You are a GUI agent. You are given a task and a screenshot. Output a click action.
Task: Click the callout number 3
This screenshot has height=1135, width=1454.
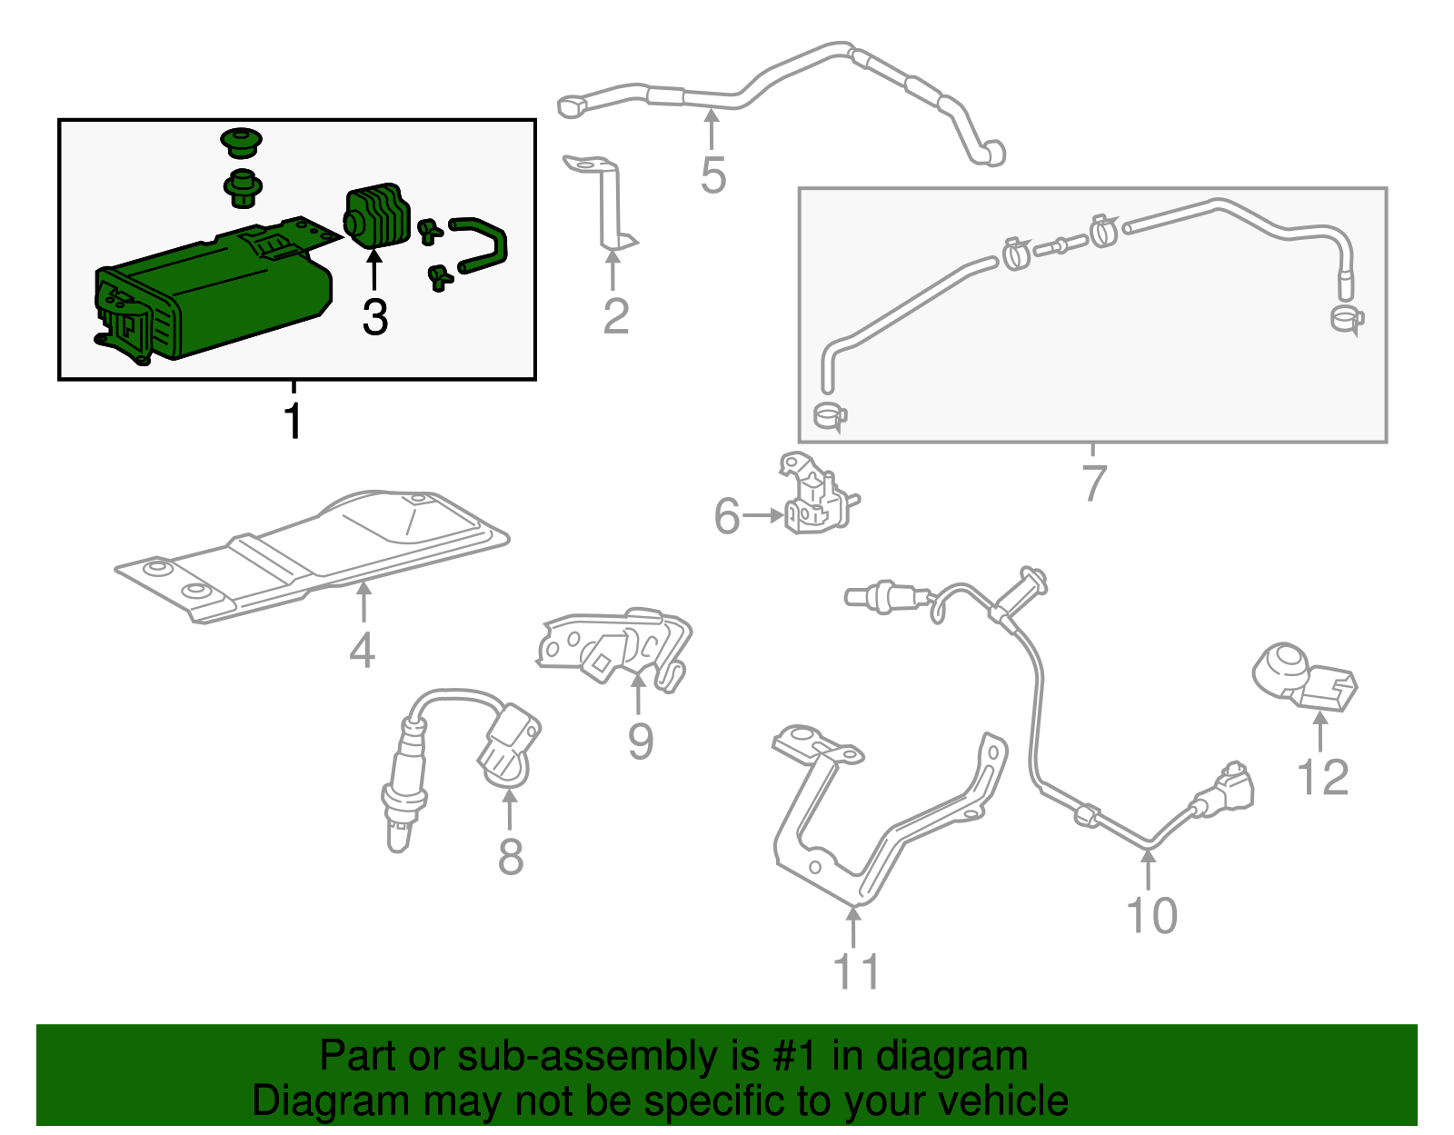click(374, 317)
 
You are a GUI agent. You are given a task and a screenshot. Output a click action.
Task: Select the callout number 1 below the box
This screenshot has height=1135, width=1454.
click(293, 421)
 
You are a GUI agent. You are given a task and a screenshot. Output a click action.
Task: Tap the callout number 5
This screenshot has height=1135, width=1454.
click(713, 175)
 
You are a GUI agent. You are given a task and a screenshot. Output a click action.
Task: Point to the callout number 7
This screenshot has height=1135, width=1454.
click(1094, 483)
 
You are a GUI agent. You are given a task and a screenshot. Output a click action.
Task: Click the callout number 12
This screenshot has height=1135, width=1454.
click(1322, 778)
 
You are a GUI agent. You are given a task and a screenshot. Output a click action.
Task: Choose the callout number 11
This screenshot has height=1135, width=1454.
click(856, 971)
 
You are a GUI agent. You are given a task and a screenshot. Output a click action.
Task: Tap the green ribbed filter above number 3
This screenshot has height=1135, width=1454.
click(374, 215)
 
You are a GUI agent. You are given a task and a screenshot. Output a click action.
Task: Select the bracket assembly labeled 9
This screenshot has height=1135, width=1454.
click(618, 647)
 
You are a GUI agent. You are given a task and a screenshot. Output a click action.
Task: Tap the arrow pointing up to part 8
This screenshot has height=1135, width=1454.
click(510, 807)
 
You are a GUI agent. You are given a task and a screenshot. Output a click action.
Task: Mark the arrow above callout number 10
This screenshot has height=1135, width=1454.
click(1149, 868)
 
